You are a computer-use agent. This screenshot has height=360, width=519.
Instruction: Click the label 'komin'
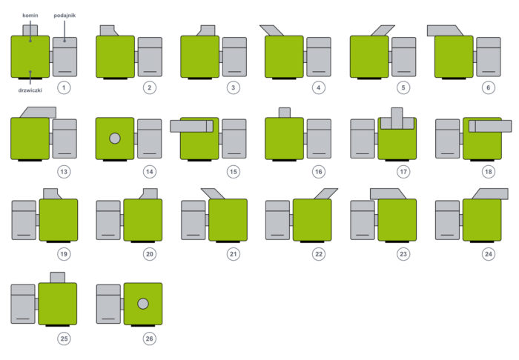coord(30,15)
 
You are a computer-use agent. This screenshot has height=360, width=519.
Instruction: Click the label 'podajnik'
coord(65,15)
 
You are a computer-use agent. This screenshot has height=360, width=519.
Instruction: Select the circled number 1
coord(65,87)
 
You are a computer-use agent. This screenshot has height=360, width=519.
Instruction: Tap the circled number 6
coord(487,87)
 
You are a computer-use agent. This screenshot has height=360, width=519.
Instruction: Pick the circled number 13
coord(65,172)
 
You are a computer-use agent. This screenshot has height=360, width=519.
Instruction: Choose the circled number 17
coord(403,172)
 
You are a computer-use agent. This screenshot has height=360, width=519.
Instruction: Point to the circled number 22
coord(319,254)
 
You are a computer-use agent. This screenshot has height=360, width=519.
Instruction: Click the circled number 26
coord(150,339)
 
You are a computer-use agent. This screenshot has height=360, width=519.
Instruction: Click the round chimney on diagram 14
coord(115,139)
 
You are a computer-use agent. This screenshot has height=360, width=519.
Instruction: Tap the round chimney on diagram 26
coord(143,304)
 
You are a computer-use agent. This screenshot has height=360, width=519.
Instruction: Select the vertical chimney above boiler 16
coord(284,113)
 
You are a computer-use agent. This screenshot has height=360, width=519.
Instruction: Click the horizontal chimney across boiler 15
coord(191,126)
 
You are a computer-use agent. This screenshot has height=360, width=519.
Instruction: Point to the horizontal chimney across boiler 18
coord(489,126)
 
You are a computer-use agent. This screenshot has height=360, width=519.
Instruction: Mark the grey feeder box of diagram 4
coord(319,56)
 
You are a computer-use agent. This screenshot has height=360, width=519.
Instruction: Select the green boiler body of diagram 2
coord(115,56)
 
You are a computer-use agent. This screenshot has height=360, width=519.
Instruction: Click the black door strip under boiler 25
coord(57,325)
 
